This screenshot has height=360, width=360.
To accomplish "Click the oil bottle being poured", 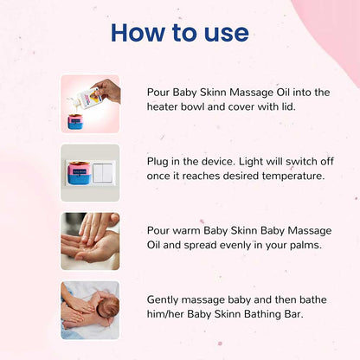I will point(93,91).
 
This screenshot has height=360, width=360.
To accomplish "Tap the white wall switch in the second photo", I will point(103,173).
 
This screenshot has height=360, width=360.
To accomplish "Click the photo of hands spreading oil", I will point(90,241).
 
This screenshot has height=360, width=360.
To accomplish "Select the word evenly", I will point(222,244).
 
